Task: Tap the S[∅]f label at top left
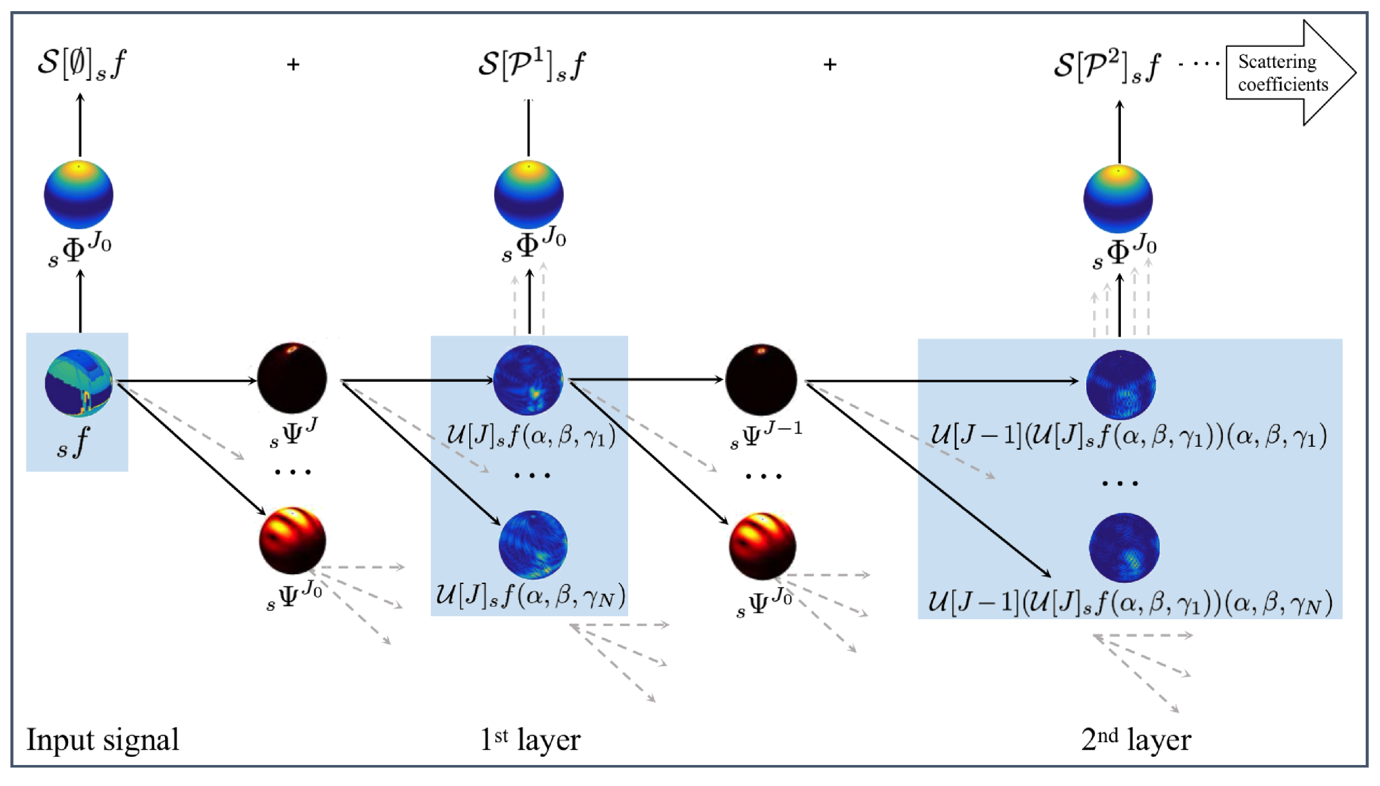pyautogui.click(x=82, y=64)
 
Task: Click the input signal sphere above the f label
pyautogui.click(x=79, y=383)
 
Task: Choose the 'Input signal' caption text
pyautogui.click(x=103, y=740)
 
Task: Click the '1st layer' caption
pyautogui.click(x=530, y=740)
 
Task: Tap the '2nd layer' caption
pyautogui.click(x=1136, y=740)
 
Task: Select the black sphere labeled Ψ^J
pyautogui.click(x=292, y=378)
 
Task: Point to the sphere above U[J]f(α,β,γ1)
pyautogui.click(x=528, y=379)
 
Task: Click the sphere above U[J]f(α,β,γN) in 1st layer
pyautogui.click(x=533, y=544)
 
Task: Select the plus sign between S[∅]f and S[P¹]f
pyautogui.click(x=293, y=64)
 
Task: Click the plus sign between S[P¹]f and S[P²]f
pyautogui.click(x=830, y=64)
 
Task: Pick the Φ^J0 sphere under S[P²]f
pyautogui.click(x=1118, y=199)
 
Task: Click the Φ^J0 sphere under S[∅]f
pyautogui.click(x=79, y=195)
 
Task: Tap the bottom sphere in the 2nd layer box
pyautogui.click(x=1124, y=547)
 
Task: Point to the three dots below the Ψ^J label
pyautogui.click(x=293, y=472)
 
